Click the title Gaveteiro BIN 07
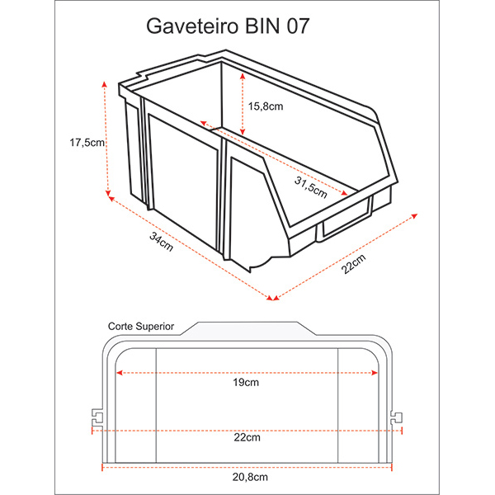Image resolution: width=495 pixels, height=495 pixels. (x=228, y=26)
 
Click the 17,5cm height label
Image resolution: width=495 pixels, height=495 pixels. (x=87, y=143)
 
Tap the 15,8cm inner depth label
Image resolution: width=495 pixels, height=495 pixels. (x=266, y=106)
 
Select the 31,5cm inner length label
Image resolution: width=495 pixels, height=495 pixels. (x=311, y=187)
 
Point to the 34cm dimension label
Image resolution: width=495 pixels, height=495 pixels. (x=162, y=242)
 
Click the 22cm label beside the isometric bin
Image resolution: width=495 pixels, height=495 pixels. (x=354, y=264)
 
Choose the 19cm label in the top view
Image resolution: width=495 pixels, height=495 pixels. (x=246, y=383)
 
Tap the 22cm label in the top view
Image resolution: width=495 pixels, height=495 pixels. (x=247, y=437)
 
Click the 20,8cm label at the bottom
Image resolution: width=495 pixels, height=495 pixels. (x=250, y=477)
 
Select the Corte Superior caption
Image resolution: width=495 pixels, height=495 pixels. (x=141, y=326)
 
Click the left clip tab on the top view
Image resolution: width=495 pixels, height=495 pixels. (x=97, y=417)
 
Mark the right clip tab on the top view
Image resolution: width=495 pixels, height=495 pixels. (x=397, y=417)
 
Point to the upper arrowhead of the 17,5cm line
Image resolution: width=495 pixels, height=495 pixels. (x=105, y=83)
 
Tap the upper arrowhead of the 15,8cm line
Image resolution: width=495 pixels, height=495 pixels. (x=243, y=76)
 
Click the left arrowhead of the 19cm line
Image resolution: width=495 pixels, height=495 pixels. (x=119, y=373)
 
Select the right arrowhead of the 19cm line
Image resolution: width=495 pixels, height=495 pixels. (x=375, y=373)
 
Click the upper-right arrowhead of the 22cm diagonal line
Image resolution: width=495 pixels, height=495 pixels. (x=414, y=216)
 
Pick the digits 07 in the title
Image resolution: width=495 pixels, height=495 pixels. (x=298, y=26)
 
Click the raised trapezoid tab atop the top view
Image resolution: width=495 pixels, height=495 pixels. (x=247, y=328)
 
